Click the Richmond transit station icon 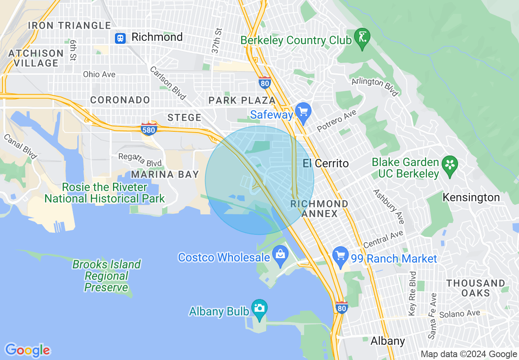click(120, 38)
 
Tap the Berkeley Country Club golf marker click(362, 37)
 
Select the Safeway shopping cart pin click(303, 111)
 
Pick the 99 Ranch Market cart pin click(340, 256)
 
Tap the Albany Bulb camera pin click(259, 308)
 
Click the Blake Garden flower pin click(450, 165)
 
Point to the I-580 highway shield click(148, 129)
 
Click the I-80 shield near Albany click(341, 307)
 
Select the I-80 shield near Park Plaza click(265, 83)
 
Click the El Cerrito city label click(326, 164)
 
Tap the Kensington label click(471, 198)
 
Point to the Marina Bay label click(165, 175)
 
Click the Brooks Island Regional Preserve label click(106, 276)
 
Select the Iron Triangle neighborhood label click(70, 25)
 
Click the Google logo click(27, 350)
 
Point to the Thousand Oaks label click(476, 288)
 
